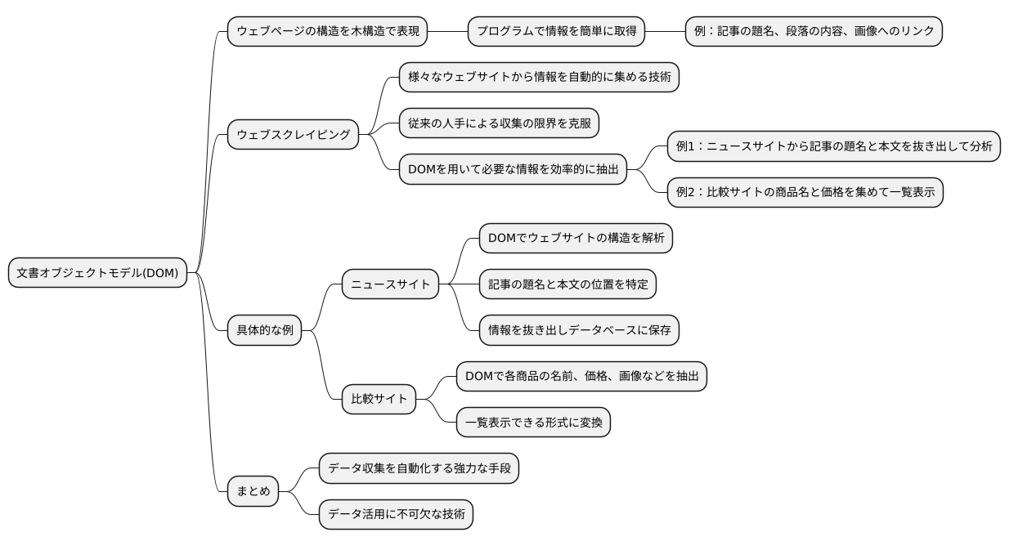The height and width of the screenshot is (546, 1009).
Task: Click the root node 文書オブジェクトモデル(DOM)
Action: click(x=97, y=273)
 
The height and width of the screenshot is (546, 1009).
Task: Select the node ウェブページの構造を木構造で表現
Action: click(x=327, y=31)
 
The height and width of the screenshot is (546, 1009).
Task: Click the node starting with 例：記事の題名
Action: click(x=813, y=31)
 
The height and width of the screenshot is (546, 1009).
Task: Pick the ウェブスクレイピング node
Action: click(x=293, y=134)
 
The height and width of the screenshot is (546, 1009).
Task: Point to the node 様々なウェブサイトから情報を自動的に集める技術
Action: click(x=539, y=78)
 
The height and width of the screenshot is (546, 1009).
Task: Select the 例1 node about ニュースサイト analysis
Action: click(x=833, y=146)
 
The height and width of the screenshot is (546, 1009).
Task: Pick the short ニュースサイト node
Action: click(x=390, y=284)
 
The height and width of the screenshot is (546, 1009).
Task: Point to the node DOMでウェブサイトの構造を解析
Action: click(x=576, y=238)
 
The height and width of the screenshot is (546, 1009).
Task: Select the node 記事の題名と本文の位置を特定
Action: click(x=567, y=284)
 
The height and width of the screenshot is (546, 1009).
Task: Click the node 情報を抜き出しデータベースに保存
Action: click(x=579, y=330)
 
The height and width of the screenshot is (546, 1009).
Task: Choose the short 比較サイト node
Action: click(x=379, y=399)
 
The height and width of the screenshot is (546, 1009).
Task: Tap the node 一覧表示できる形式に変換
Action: click(x=532, y=422)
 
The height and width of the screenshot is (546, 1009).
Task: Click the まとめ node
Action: click(x=253, y=491)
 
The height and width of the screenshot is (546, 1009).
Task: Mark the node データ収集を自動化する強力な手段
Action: click(x=419, y=468)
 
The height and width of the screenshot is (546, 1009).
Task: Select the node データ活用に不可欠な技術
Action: click(x=396, y=514)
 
